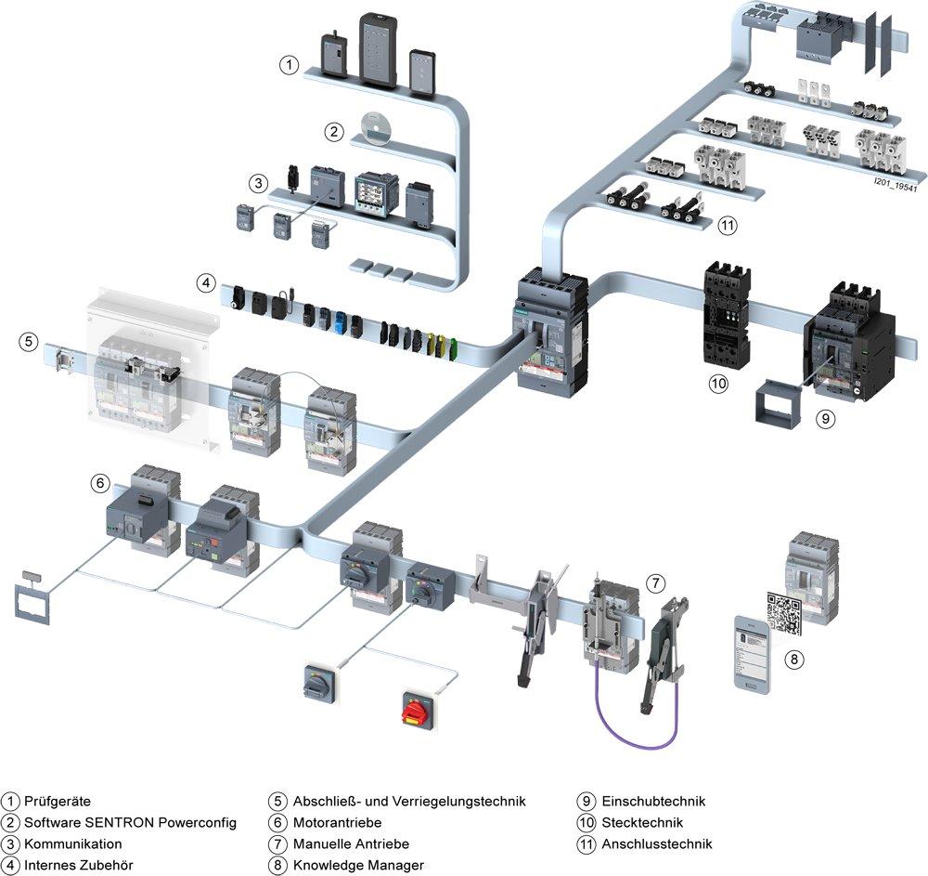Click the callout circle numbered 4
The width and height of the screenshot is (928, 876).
coord(205,281)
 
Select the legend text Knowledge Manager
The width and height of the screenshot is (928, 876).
coord(358,865)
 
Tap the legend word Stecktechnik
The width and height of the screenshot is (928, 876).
coord(642,822)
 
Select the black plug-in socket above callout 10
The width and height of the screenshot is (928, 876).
coord(723,315)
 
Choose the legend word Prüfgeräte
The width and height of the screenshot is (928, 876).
coord(58,801)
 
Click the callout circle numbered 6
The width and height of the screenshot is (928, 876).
coord(100,483)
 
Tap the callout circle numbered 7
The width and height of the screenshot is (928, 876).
coord(655,583)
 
